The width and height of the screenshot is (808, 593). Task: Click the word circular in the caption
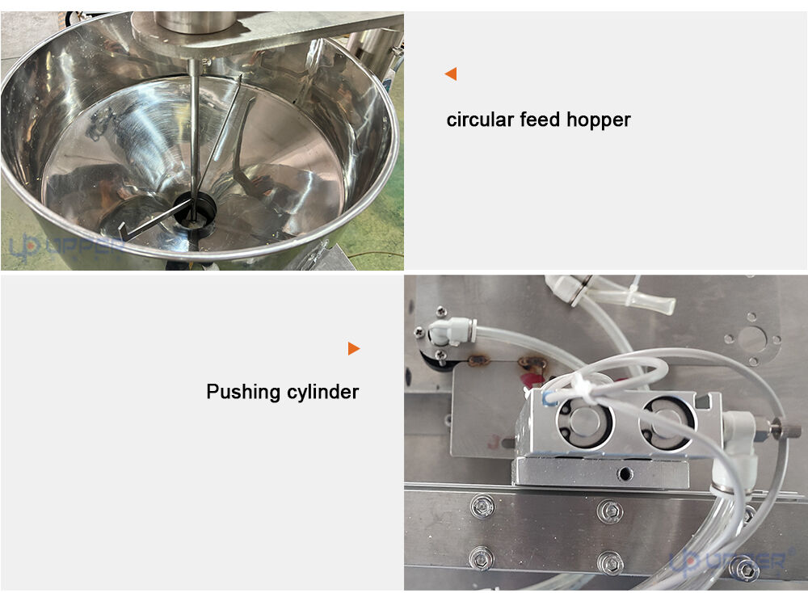(480, 120)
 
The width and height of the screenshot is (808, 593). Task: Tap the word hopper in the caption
(598, 120)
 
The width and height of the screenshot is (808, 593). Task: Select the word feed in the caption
(540, 119)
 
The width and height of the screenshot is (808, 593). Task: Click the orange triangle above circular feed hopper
(451, 74)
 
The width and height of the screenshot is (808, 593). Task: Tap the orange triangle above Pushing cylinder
(354, 349)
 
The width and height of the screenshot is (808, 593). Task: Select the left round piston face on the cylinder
(584, 422)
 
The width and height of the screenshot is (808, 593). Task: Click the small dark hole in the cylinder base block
(625, 472)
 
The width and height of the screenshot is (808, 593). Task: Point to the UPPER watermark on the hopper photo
(67, 246)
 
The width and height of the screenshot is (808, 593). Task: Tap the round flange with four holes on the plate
(751, 339)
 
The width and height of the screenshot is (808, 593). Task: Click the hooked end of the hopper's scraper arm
(122, 232)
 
